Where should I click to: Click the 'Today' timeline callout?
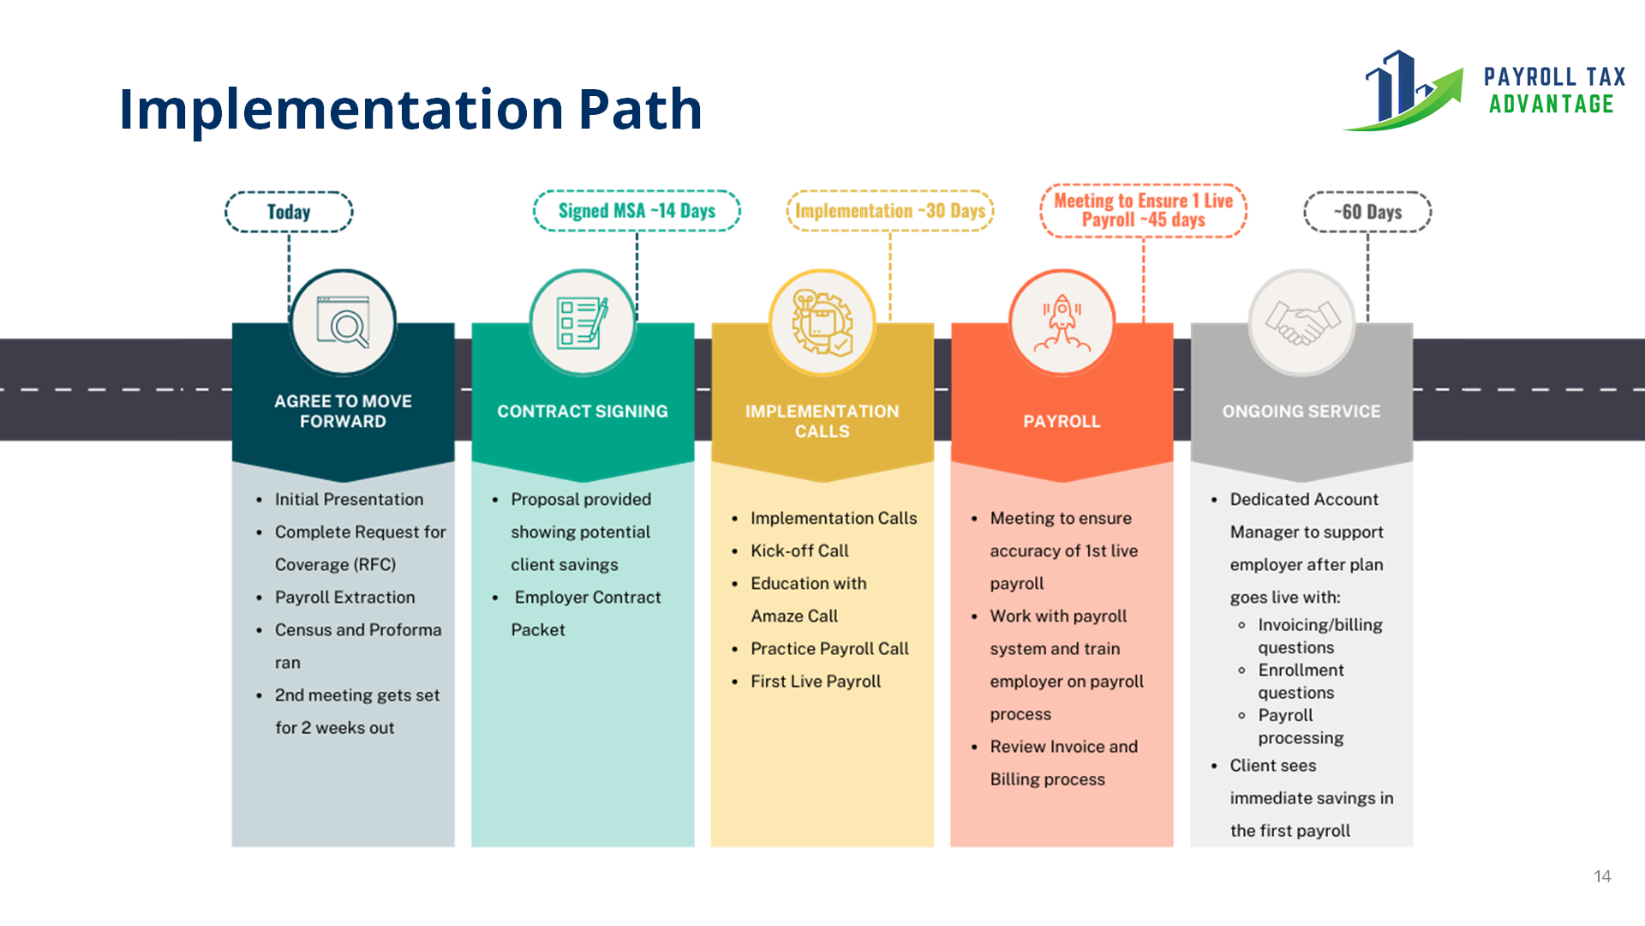(289, 212)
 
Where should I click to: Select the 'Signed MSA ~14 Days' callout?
(637, 211)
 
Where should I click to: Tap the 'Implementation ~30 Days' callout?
(890, 211)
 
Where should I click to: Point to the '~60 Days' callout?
(1367, 212)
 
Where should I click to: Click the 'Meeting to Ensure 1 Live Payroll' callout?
(1143, 210)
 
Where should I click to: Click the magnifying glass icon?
(344, 322)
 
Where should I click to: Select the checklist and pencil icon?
(583, 322)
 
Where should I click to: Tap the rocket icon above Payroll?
(1062, 322)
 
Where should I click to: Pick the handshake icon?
(1301, 322)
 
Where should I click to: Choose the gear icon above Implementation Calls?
(822, 322)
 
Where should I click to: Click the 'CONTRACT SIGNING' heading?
(583, 412)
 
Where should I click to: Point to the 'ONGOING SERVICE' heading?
(1301, 412)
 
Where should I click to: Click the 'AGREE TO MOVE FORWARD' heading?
(344, 412)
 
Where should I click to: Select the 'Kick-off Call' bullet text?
(799, 550)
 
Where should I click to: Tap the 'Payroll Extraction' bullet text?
(344, 597)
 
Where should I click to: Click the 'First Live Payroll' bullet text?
(816, 681)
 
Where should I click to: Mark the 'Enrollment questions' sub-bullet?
(1301, 681)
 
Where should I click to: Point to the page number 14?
(1602, 876)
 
